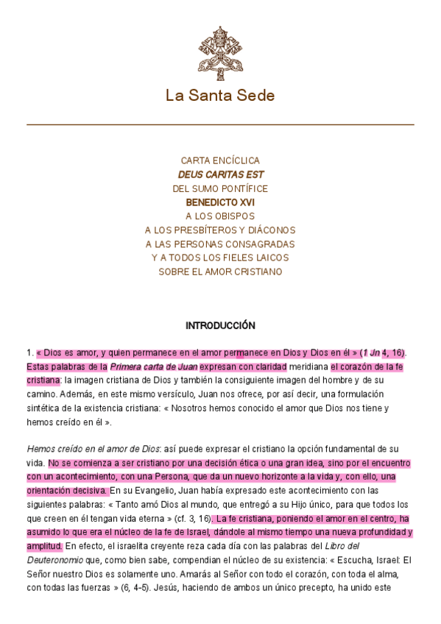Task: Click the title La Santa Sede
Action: click(x=220, y=96)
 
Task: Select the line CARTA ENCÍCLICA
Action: click(x=220, y=160)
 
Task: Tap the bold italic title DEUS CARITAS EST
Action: click(x=220, y=174)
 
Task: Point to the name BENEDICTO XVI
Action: click(x=220, y=202)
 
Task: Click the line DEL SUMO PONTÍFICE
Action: click(x=220, y=188)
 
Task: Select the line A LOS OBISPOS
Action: click(x=220, y=216)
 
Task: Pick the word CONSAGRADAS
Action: click(x=259, y=244)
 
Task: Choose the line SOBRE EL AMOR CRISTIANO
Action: click(x=220, y=272)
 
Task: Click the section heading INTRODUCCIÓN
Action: click(x=220, y=325)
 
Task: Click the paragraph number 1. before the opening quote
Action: click(x=29, y=353)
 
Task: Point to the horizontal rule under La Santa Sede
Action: click(x=220, y=125)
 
